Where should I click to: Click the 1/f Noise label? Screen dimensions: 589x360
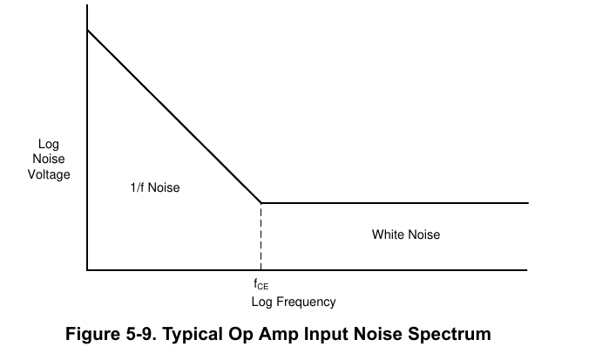tap(155, 187)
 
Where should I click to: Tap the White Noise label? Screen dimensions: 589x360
tap(406, 234)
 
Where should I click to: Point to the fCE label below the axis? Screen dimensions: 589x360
tap(261, 284)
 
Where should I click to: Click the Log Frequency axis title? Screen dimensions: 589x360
tap(294, 302)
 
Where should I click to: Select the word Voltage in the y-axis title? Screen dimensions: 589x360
tap(49, 174)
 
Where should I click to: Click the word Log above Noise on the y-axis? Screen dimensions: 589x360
tap(49, 145)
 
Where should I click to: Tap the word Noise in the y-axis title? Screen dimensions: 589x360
tap(49, 159)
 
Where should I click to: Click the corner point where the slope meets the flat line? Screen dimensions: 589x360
tap(261, 203)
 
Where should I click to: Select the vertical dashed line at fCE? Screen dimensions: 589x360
tap(261, 236)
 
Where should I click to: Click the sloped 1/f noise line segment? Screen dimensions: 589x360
tap(174, 117)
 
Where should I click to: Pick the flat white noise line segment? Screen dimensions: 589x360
tap(395, 203)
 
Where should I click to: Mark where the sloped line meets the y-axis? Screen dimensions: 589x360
tap(87, 30)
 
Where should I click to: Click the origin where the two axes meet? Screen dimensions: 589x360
tap(87, 270)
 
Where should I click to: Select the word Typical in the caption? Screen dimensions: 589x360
tap(192, 335)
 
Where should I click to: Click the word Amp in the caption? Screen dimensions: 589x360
tap(278, 335)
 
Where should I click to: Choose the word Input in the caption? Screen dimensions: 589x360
tap(325, 335)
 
